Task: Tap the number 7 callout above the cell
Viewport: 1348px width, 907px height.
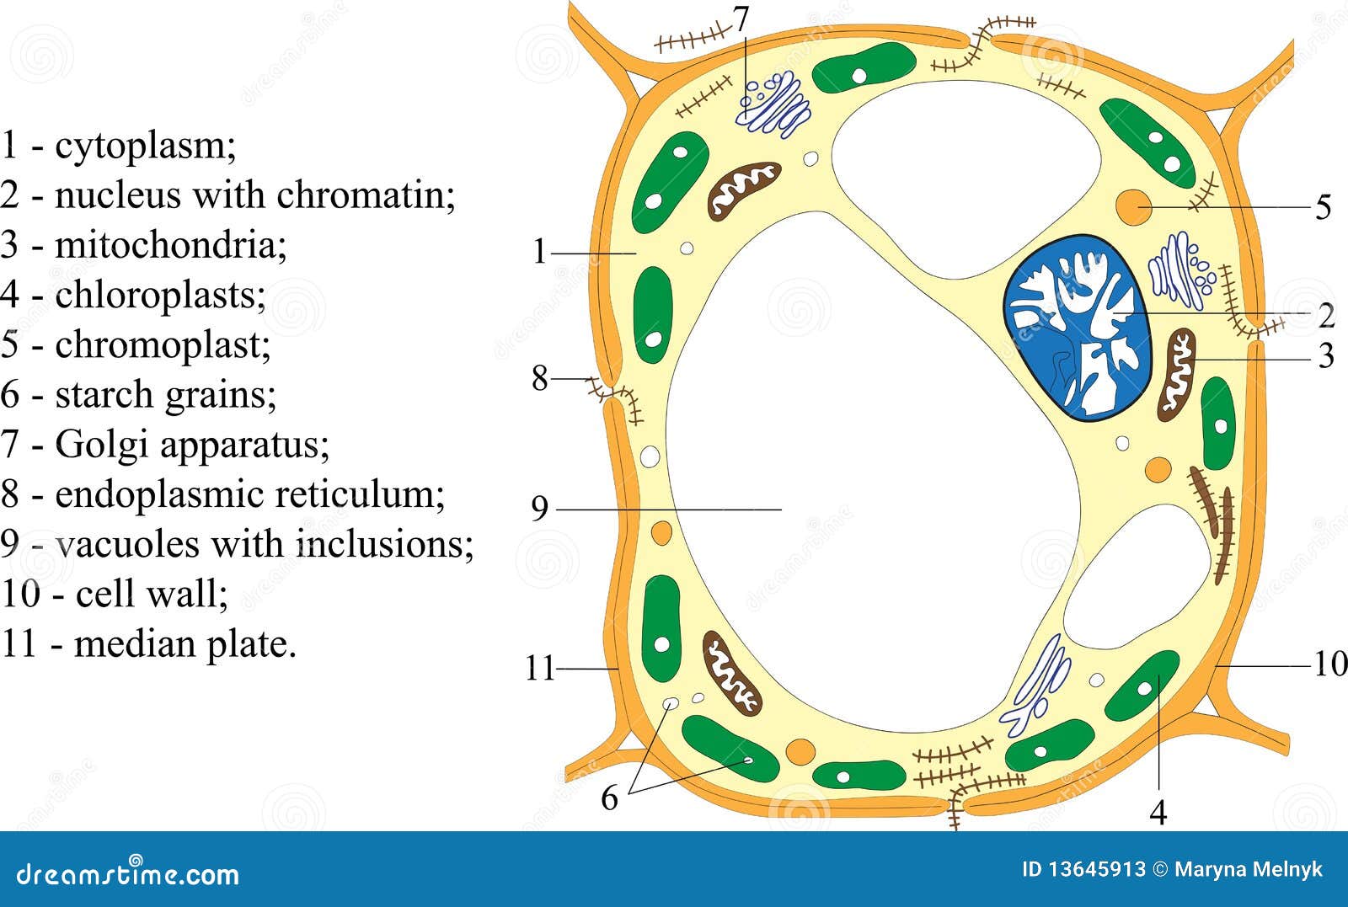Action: tap(741, 19)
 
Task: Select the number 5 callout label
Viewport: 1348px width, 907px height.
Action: tap(1324, 207)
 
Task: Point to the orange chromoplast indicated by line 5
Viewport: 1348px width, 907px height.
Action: tap(1133, 207)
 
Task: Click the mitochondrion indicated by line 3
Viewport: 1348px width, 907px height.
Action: tap(1177, 374)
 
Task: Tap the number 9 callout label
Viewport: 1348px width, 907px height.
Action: tap(540, 508)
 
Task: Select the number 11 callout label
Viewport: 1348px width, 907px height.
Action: tap(540, 669)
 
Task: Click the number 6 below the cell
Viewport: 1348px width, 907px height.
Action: tap(609, 798)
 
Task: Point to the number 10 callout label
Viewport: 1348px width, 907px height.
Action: tap(1329, 664)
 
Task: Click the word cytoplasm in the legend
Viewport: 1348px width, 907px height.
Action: tap(145, 146)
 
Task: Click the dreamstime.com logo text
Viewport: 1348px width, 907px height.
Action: tap(128, 874)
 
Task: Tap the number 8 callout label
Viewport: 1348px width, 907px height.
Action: tap(540, 378)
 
